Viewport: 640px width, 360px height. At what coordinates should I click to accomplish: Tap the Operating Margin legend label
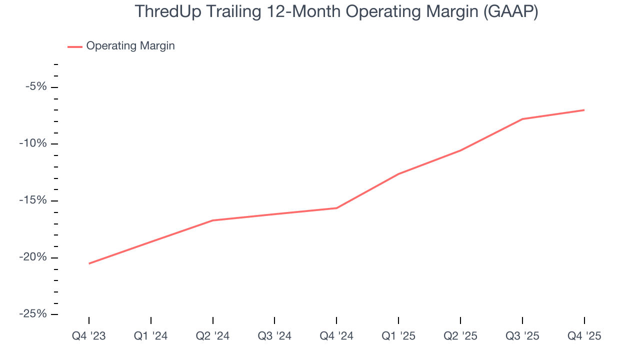(130, 46)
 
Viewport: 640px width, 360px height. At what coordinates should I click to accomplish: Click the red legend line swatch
(75, 46)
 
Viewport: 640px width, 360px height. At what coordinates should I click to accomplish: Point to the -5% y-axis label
(36, 87)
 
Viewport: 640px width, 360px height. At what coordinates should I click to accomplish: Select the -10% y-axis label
(34, 144)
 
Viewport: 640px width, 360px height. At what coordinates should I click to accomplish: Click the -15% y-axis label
(34, 200)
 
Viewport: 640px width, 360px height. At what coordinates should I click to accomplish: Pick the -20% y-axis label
(34, 257)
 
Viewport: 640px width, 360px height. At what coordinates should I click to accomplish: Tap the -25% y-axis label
(34, 314)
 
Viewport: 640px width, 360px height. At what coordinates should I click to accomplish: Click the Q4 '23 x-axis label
(89, 336)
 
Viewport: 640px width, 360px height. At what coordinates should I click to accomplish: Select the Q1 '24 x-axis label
(151, 336)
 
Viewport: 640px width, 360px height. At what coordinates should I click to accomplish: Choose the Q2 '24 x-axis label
(213, 336)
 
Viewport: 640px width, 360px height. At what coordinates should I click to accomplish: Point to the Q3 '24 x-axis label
(274, 336)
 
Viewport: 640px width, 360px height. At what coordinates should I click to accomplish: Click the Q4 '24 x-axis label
(336, 336)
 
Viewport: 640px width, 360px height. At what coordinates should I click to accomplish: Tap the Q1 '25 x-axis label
(398, 336)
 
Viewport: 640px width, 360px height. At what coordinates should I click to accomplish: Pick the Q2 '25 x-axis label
(460, 336)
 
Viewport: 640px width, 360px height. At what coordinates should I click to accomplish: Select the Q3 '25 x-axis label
(522, 336)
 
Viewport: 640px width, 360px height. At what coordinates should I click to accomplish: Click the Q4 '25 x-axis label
(584, 336)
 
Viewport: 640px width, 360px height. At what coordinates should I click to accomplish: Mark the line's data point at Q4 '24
(336, 208)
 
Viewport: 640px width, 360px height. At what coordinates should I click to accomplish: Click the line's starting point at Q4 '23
(89, 263)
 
